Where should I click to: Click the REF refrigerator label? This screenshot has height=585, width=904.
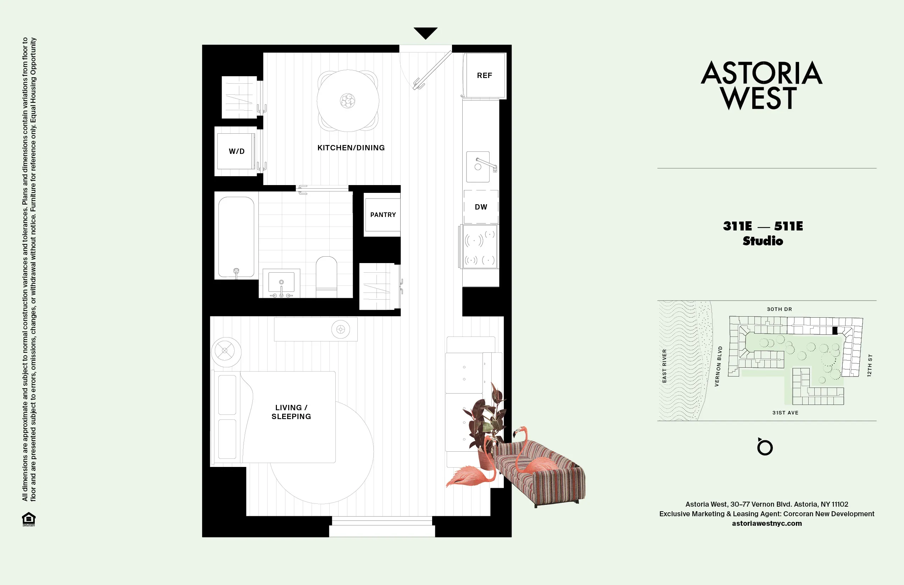click(x=484, y=76)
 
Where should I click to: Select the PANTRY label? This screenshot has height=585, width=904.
click(x=383, y=214)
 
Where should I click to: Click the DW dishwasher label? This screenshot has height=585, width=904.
click(x=481, y=207)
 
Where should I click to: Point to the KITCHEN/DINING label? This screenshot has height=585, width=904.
click(x=351, y=148)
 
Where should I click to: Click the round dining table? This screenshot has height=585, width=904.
click(x=347, y=101)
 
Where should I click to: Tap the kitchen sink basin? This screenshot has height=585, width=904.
click(x=478, y=167)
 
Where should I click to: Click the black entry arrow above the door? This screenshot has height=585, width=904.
click(x=425, y=33)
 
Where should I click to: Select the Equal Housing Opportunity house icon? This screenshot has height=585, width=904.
click(x=29, y=519)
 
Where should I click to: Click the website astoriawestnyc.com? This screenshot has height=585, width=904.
click(x=766, y=523)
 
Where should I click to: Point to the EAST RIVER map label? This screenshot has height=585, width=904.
click(x=664, y=366)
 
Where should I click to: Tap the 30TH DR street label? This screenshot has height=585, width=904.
click(x=780, y=309)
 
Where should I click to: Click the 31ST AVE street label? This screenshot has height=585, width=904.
click(x=785, y=413)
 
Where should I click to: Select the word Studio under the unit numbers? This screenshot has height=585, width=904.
click(x=763, y=241)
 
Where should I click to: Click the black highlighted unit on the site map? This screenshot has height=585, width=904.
click(x=835, y=330)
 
